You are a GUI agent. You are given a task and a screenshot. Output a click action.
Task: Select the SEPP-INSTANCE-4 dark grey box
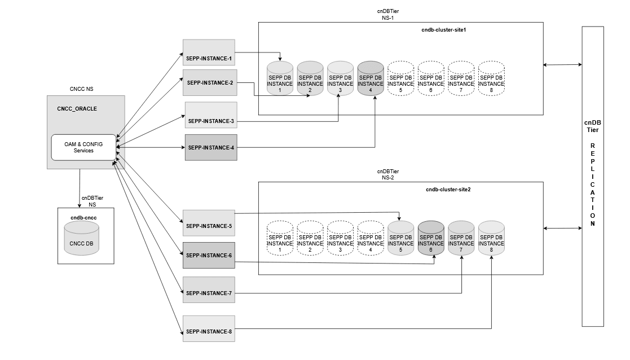[x=211, y=148]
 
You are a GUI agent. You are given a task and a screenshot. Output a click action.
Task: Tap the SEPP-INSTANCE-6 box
[x=208, y=255]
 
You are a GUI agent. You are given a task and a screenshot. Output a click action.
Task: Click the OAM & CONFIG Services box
[x=83, y=147]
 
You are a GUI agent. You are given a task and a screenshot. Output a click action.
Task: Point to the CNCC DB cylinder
[x=81, y=240]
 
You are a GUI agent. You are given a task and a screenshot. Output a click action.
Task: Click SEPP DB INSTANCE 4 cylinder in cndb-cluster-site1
[x=371, y=78]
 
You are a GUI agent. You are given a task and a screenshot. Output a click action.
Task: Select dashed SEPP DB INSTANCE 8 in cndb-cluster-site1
[x=491, y=78]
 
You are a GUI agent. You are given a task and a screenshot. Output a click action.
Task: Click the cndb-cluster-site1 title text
[x=444, y=29]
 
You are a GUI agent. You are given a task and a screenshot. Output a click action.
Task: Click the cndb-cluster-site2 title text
[x=448, y=189]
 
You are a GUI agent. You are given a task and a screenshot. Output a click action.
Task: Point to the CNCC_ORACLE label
[x=77, y=108]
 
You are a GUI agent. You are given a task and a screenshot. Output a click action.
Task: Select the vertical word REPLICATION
[x=593, y=185]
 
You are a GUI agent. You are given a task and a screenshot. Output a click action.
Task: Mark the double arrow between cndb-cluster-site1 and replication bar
[x=562, y=65]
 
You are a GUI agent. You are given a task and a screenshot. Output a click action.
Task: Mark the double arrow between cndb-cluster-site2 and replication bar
[x=562, y=228]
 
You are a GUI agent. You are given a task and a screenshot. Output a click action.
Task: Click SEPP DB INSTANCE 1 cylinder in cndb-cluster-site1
[x=280, y=78]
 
